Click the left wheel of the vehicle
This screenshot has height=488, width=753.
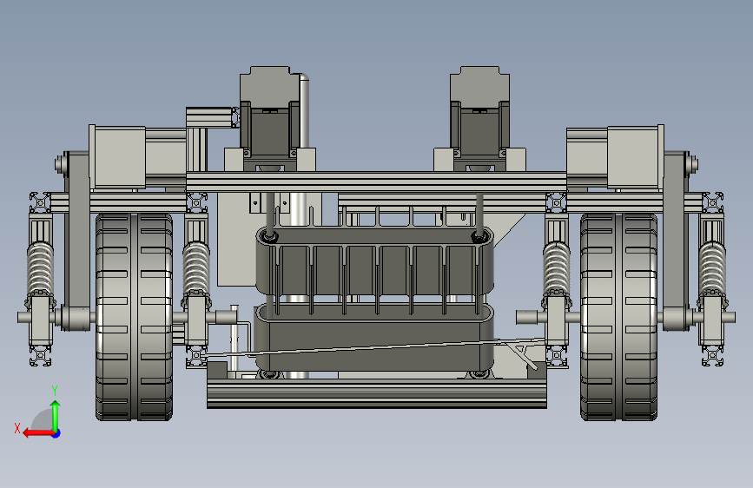coord(134,317)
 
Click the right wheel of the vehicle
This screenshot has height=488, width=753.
coord(618,317)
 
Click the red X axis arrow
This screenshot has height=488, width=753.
coord(38,433)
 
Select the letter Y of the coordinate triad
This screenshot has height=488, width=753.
coord(55,391)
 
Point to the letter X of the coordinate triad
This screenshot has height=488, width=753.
coord(17,428)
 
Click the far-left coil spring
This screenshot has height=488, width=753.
coord(40,269)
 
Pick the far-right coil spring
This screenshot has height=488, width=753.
coord(712,269)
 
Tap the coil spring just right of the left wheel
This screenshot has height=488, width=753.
coord(196,269)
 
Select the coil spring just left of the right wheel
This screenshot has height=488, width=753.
coord(557,269)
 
